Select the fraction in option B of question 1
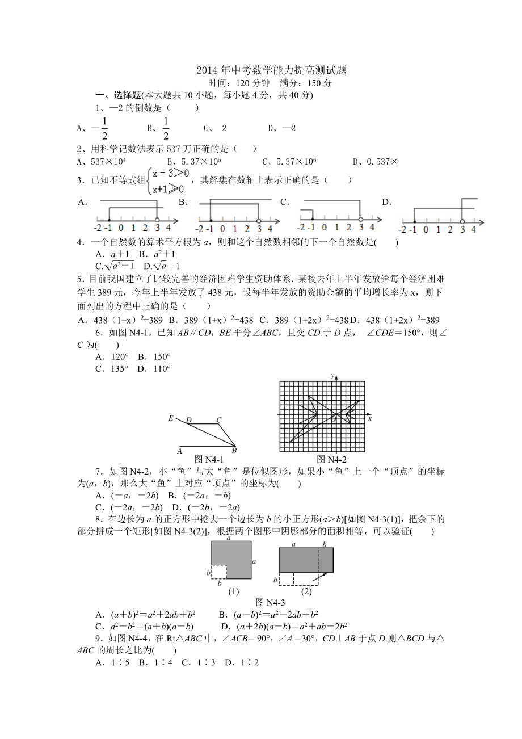[x=166, y=128]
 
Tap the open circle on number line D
[x=462, y=221]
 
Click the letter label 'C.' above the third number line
[x=285, y=201]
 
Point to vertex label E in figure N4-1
[x=171, y=418]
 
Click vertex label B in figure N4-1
[x=234, y=451]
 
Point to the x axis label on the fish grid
[x=369, y=418]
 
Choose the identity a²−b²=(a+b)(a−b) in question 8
[x=145, y=627]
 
